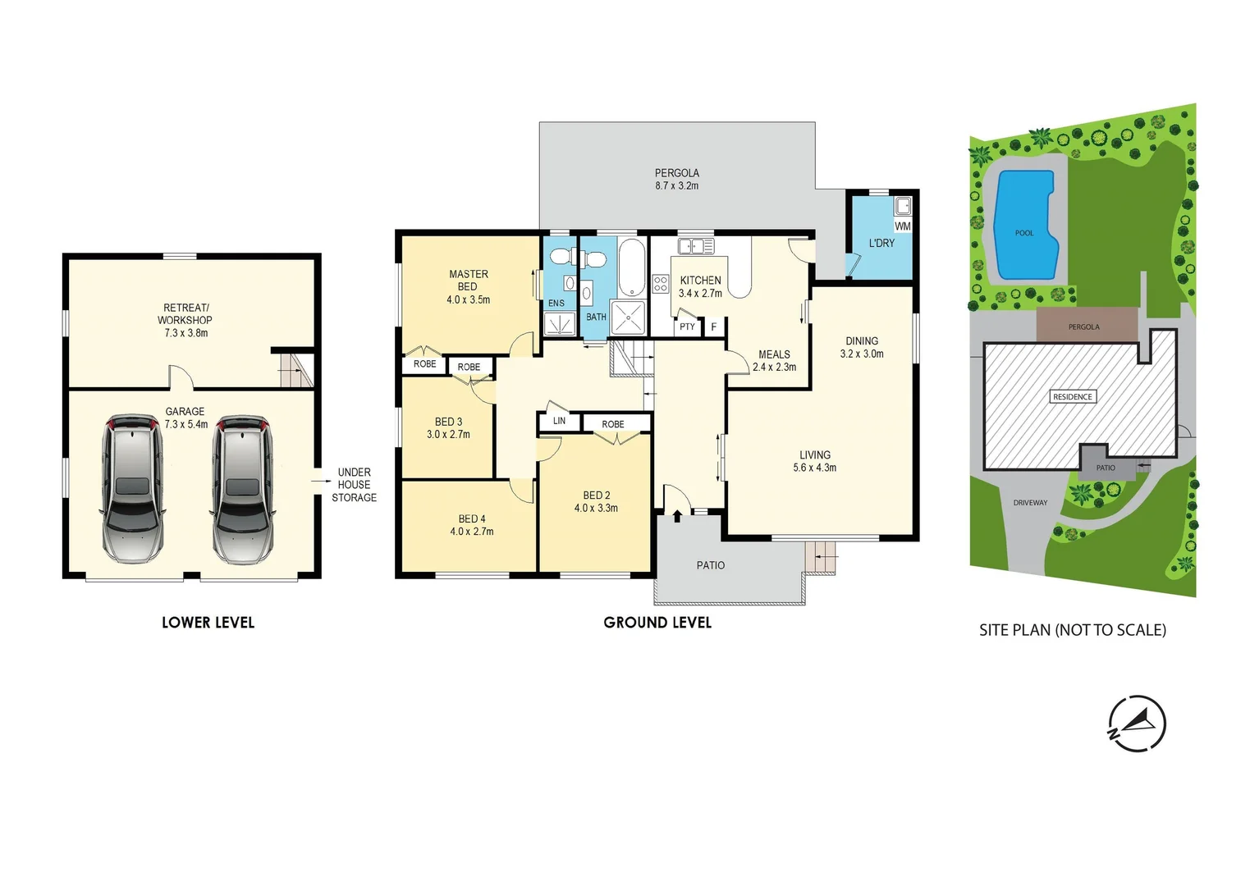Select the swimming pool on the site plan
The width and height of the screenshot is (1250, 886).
point(1023,226)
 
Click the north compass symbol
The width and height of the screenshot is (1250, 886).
point(1137,724)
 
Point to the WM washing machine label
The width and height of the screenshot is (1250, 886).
point(903,226)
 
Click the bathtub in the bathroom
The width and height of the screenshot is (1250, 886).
point(631,267)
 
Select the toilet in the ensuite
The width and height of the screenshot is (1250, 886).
point(561,257)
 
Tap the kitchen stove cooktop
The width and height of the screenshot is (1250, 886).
point(661,284)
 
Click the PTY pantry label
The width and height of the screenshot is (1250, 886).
point(687,327)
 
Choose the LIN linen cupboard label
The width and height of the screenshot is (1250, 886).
point(559,421)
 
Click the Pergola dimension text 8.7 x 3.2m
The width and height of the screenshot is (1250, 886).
point(676,186)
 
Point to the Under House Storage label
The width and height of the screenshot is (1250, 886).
point(354,485)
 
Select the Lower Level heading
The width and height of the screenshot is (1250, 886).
point(208,623)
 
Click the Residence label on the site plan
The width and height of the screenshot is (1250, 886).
point(1073,397)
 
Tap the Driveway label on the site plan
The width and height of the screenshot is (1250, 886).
point(1030,503)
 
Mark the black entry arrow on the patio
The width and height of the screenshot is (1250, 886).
point(677,516)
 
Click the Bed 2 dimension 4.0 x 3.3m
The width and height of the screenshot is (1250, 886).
point(596,509)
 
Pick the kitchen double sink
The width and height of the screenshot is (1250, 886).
point(695,246)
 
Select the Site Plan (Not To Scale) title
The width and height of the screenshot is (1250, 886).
point(1072,630)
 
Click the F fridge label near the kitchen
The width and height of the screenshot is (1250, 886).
point(714,327)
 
